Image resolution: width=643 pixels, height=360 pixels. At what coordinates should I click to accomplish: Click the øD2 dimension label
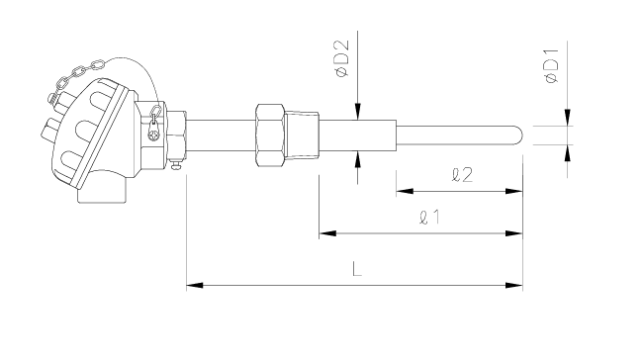click(341, 58)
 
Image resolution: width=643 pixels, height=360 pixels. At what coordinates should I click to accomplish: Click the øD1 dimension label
click(552, 65)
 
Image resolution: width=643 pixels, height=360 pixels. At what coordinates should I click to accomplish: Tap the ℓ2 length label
click(462, 175)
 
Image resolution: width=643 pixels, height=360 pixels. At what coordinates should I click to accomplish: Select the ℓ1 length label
click(429, 217)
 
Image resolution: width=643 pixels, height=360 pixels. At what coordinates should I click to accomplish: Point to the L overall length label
click(357, 269)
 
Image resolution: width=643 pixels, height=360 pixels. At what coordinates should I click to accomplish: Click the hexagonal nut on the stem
click(270, 135)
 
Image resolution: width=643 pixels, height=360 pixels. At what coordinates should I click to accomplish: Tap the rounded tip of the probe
click(519, 135)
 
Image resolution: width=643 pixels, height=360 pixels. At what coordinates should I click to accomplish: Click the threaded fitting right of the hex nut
click(303, 135)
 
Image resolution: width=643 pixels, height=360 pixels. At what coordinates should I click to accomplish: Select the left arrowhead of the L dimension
click(195, 285)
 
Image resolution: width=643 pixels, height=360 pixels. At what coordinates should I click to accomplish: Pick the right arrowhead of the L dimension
click(514, 285)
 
